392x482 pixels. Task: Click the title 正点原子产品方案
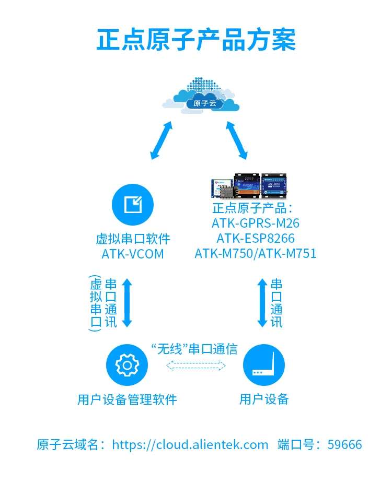point(196,40)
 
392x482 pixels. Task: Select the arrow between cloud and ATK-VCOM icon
point(161,140)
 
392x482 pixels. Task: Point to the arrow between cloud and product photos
point(236,140)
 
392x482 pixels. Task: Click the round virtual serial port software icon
point(133,204)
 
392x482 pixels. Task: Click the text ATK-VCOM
point(133,254)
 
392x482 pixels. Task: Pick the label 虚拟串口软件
point(133,239)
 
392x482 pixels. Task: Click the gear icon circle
point(126,365)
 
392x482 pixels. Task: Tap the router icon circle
point(264,365)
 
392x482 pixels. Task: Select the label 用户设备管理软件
point(127,400)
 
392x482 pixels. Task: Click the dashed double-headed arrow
point(196,365)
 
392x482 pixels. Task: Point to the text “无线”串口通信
point(194,349)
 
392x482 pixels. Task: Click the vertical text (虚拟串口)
point(96,303)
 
